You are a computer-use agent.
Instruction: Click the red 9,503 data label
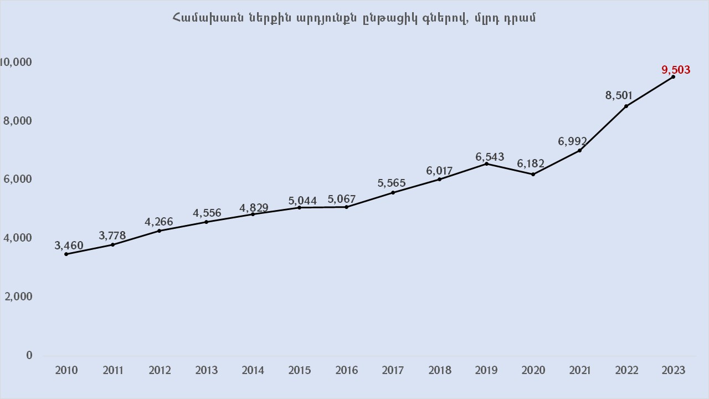[676, 70]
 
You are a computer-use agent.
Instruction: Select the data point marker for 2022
[626, 106]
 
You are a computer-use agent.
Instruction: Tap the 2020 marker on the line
[533, 174]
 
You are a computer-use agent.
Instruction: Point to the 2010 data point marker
[66, 254]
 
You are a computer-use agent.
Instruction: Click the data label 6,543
[490, 157]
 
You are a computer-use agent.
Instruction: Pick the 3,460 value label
[69, 245]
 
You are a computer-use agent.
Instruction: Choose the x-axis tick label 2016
[346, 370]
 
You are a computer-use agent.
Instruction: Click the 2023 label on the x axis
[673, 370]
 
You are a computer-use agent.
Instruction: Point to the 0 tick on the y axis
[29, 355]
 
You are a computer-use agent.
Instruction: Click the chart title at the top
[354, 18]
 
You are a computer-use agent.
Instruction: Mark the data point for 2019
[486, 163]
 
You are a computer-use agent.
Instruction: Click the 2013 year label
[207, 370]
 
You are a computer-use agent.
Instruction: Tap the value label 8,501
[619, 95]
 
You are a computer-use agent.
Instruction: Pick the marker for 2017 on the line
[393, 192]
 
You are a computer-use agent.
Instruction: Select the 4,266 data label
[159, 222]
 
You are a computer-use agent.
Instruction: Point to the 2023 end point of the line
[673, 76]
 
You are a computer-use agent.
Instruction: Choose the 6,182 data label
[531, 164]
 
